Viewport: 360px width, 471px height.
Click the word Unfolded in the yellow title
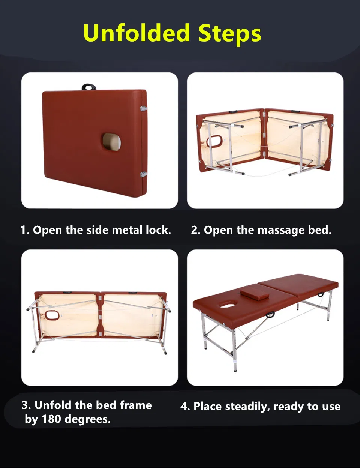click(x=136, y=33)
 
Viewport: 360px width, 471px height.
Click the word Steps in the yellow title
click(x=230, y=34)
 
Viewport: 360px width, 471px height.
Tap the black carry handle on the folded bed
click(x=88, y=87)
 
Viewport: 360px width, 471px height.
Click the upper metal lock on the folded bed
click(x=144, y=108)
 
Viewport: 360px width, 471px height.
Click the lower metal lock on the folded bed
click(x=144, y=174)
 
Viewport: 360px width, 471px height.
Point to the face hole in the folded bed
click(x=111, y=142)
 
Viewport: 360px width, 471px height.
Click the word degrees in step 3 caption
click(x=87, y=419)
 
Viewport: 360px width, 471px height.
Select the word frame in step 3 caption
click(x=136, y=405)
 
